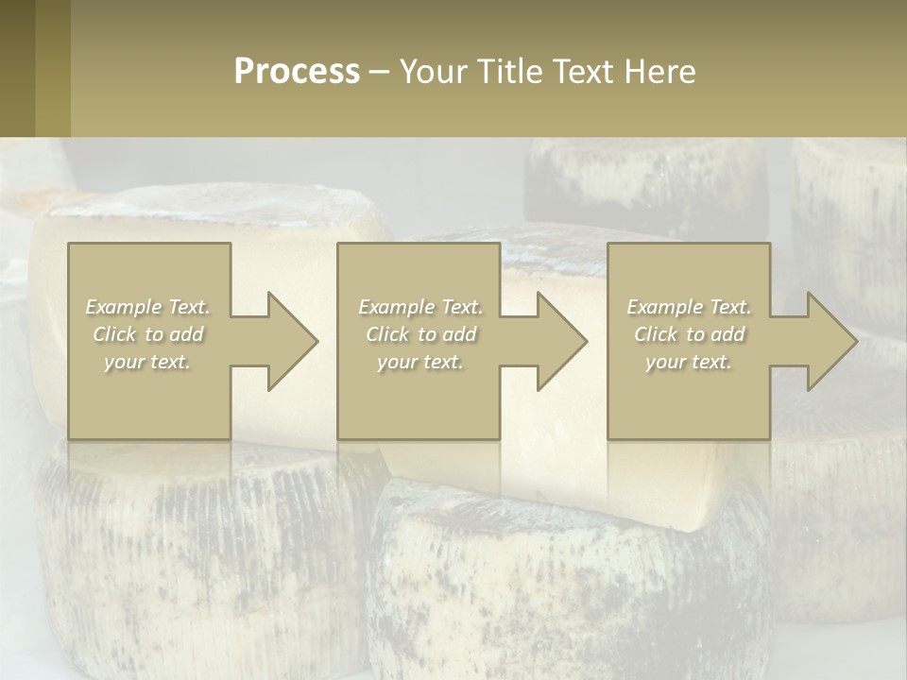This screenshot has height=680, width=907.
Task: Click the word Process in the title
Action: (x=297, y=72)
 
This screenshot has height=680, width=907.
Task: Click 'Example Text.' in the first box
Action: (x=148, y=307)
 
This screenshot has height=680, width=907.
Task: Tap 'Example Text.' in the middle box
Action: (x=420, y=307)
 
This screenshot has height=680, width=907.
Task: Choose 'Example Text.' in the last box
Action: (x=689, y=307)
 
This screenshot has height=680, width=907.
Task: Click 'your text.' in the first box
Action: (x=148, y=362)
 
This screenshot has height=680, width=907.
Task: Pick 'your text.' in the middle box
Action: (x=420, y=362)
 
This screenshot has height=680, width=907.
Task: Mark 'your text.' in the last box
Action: (x=689, y=362)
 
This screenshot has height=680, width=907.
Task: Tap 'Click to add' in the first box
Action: (x=148, y=334)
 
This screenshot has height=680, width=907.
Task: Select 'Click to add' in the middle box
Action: (x=420, y=334)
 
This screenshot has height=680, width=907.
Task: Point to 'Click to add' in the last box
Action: (x=689, y=334)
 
